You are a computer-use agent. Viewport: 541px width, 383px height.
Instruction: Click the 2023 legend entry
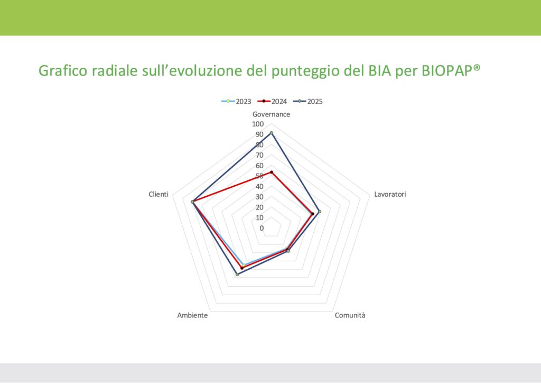point(236,102)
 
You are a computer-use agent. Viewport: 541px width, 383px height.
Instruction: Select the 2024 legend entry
point(272,102)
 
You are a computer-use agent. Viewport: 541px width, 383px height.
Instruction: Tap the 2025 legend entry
point(308,102)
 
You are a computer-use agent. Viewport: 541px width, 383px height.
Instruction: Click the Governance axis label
point(271,114)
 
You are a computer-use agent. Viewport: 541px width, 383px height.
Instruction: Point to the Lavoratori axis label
point(390,194)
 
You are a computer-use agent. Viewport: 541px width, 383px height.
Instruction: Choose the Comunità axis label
point(350,315)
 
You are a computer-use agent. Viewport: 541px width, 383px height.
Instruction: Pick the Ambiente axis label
point(192,315)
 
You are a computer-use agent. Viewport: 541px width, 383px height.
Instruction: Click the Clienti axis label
point(158,194)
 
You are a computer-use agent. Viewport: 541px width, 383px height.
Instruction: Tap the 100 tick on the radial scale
point(258,124)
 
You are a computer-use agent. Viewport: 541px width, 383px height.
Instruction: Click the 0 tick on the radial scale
point(262,229)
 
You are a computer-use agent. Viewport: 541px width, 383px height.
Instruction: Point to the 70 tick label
point(259,156)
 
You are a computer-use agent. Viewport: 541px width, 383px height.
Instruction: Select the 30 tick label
point(259,197)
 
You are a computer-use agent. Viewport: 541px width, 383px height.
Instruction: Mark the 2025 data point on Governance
point(271,133)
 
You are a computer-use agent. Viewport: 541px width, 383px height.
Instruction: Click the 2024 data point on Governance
point(271,172)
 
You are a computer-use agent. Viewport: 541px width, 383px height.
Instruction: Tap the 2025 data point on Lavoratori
point(319,212)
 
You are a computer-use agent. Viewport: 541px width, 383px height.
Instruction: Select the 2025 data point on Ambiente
point(237,275)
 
